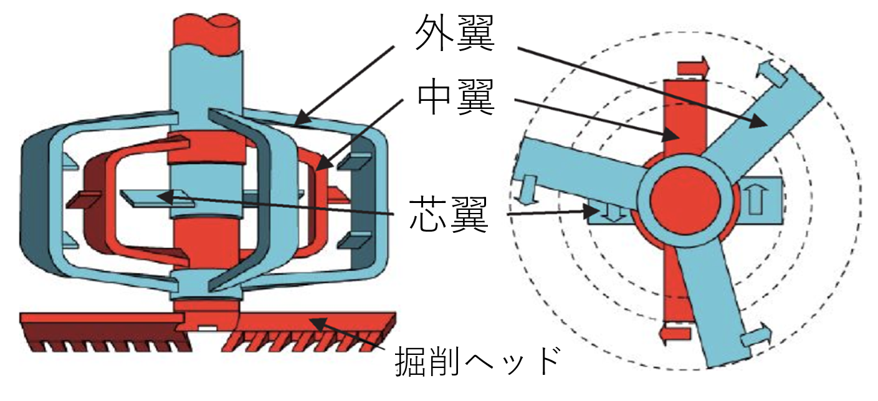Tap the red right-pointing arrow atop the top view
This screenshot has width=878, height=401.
pyautogui.click(x=692, y=64)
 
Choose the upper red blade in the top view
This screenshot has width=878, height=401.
pyautogui.click(x=684, y=118)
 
